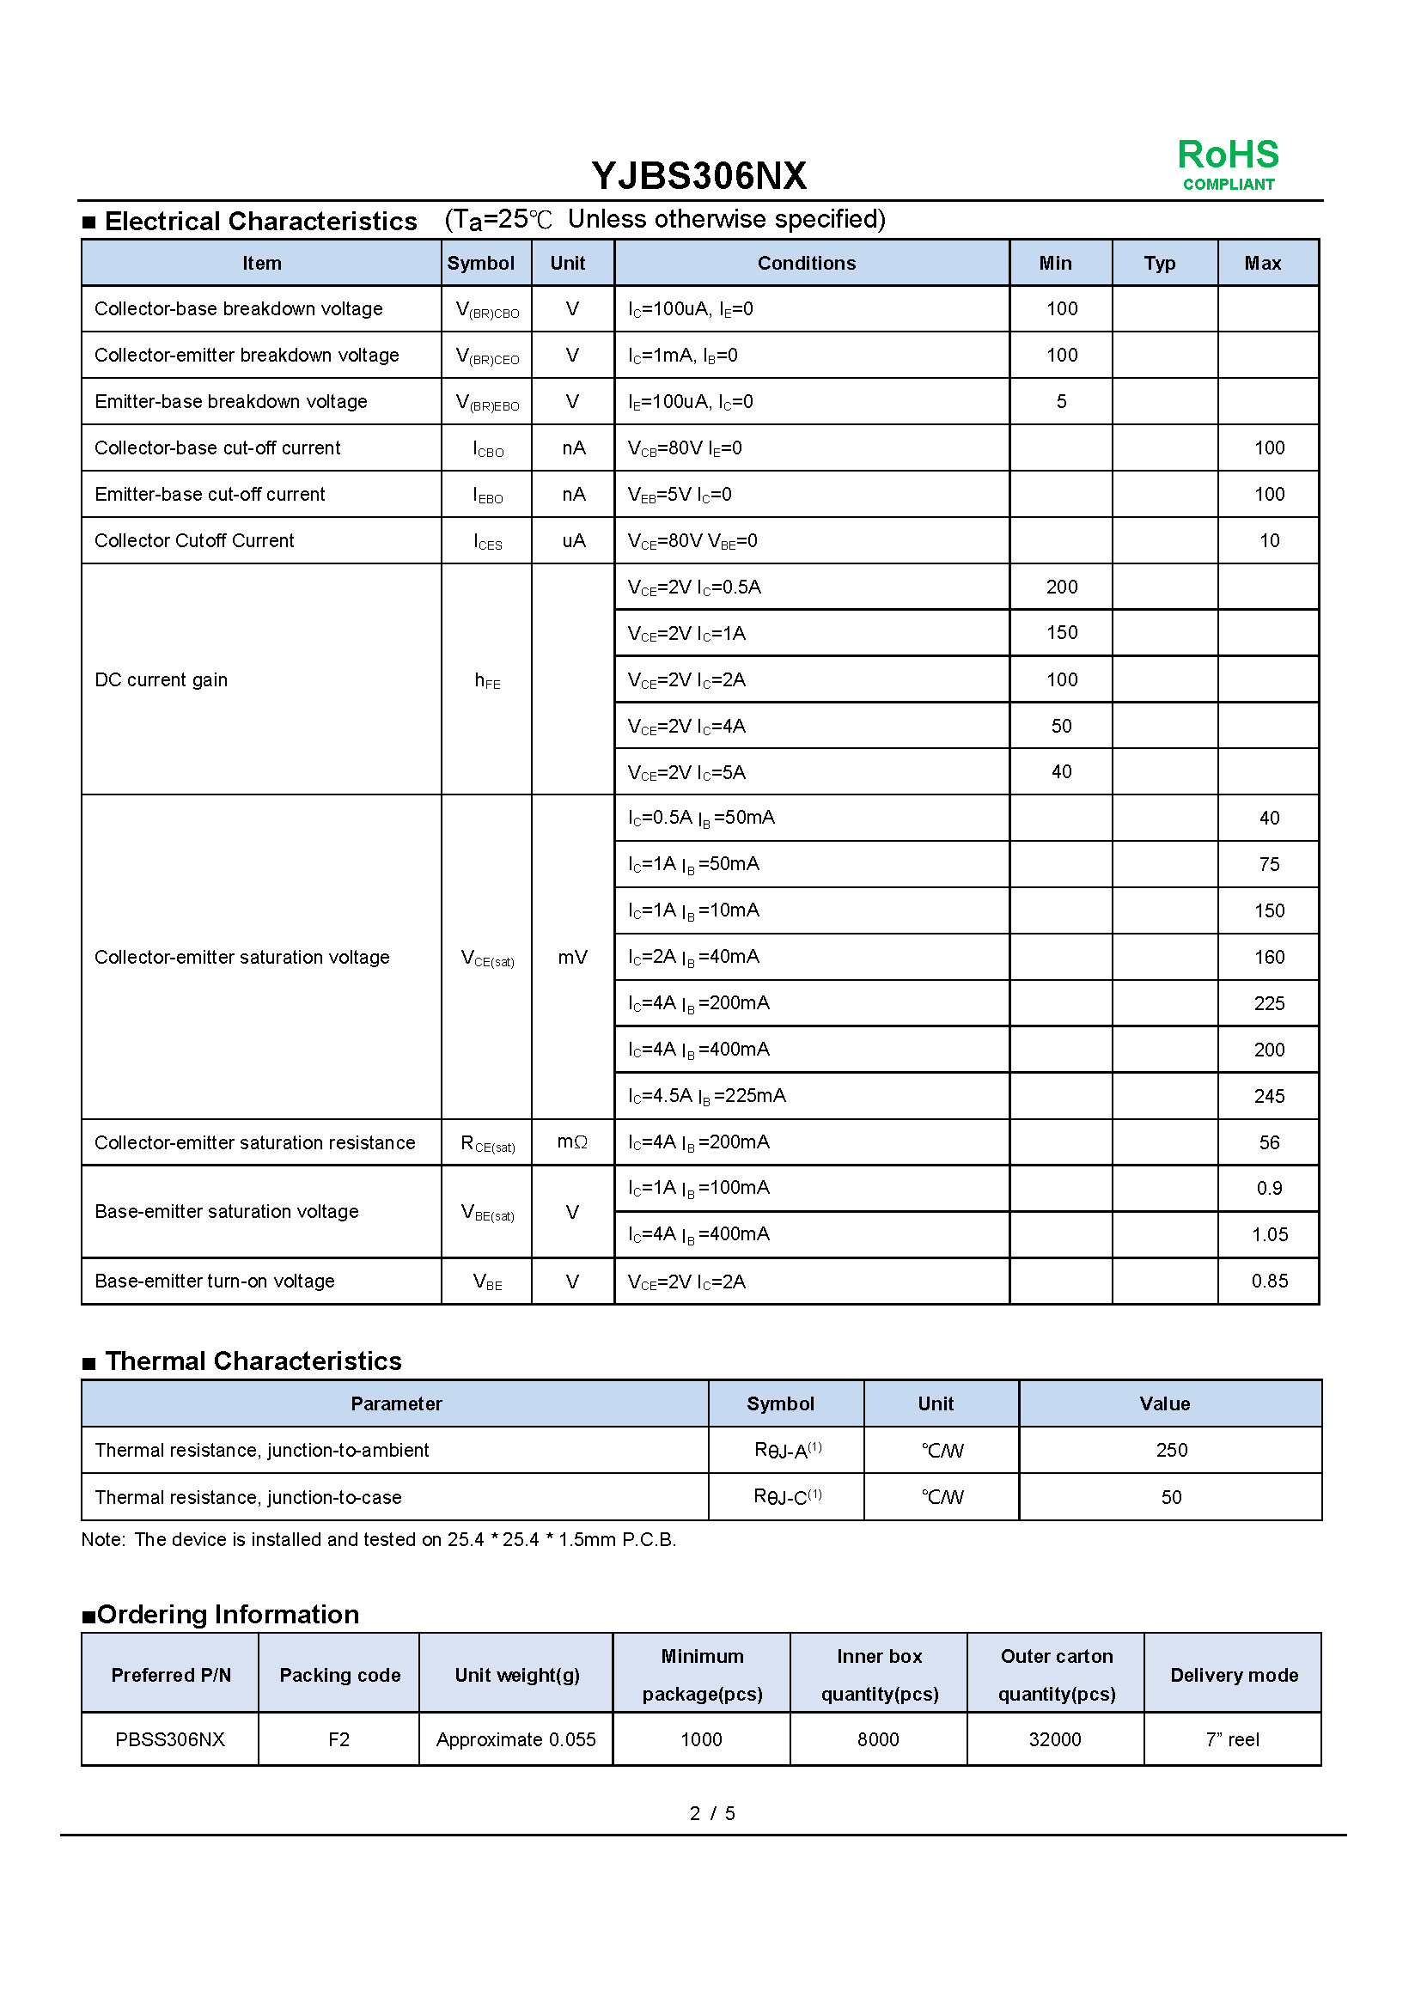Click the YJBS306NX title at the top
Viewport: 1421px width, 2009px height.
698,176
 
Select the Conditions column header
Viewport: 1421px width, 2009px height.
806,264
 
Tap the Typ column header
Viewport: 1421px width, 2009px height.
1159,264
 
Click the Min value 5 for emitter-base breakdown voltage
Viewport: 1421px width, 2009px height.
1060,402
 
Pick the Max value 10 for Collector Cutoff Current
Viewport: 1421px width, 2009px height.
1269,541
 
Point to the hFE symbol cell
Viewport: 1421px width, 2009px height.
487,680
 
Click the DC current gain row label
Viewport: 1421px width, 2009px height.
161,680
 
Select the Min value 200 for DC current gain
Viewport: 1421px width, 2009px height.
1061,587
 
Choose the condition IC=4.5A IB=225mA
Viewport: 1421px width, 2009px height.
707,1095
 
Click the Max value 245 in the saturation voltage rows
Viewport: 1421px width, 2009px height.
1269,1096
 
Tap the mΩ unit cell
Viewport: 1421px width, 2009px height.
572,1141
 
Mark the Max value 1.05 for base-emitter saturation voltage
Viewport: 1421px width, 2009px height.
1269,1234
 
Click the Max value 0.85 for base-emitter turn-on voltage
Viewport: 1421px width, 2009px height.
1269,1281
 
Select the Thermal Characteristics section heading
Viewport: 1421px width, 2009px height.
253,1361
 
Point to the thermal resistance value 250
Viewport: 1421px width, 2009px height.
1171,1451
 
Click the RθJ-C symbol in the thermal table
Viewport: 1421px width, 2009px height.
788,1497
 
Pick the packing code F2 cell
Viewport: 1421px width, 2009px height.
338,1739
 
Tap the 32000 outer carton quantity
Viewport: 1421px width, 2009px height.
1054,1739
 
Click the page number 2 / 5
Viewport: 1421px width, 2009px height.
712,1814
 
